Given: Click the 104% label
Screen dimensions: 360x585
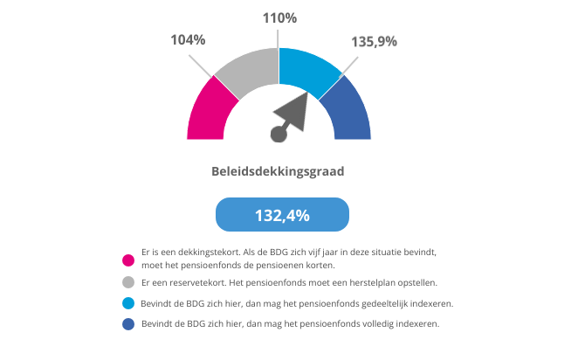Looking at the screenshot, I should click(x=187, y=39).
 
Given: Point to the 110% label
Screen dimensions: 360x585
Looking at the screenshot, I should click(x=279, y=17).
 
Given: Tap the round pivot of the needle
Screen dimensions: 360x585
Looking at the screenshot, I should click(x=279, y=134).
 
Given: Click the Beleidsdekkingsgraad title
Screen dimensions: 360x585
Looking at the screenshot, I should click(x=278, y=171).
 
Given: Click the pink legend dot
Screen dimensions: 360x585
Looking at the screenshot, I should click(x=128, y=259).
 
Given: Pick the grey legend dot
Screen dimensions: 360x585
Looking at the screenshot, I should click(x=128, y=282).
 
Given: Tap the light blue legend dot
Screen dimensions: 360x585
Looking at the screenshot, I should click(x=128, y=303).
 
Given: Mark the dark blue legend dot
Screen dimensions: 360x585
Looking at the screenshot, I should click(x=128, y=324).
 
